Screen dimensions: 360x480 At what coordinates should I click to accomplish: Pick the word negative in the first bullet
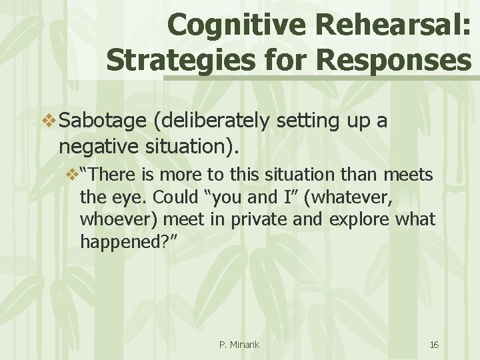[95, 145]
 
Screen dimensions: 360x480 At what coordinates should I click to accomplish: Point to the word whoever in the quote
[111, 219]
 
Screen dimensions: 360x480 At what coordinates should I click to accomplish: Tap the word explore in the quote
[354, 219]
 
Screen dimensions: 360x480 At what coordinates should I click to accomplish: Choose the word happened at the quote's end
[123, 242]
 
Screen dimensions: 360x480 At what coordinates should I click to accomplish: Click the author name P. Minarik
[239, 345]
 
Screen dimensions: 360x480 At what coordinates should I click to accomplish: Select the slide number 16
[434, 345]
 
